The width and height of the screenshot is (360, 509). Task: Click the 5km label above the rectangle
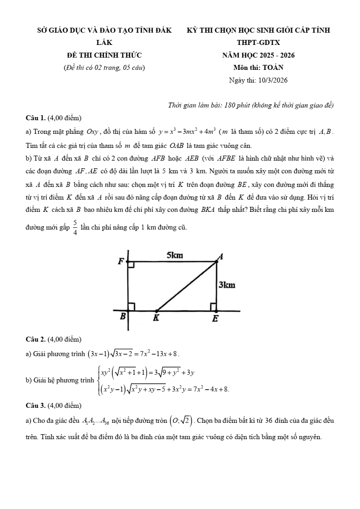[175, 255]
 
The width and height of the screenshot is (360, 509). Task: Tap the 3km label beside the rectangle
[227, 285]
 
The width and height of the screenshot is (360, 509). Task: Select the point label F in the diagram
[121, 261]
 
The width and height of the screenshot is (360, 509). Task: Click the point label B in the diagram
[122, 317]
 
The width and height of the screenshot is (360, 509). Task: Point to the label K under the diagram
[156, 318]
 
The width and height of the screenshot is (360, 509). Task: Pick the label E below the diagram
[215, 318]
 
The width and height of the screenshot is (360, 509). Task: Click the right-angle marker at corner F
[131, 264]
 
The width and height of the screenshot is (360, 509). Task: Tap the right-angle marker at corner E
[214, 307]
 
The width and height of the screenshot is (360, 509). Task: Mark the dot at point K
[156, 311]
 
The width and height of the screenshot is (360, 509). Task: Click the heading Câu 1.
[36, 118]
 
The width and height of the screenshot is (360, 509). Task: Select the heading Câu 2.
[36, 339]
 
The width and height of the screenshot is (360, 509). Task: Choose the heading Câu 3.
[36, 405]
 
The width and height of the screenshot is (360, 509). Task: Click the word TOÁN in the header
[273, 68]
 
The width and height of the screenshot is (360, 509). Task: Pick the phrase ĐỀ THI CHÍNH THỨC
[104, 55]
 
